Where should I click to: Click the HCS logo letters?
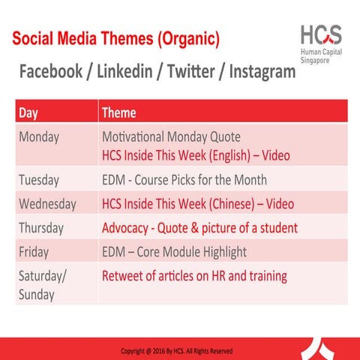point(320,35)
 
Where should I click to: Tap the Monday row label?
point(39,137)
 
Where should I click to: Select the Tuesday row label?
point(40,180)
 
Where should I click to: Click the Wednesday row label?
point(47,204)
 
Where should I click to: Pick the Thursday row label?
point(41,227)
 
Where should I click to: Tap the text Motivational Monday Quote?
point(171,137)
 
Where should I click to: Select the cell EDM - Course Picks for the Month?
point(184,180)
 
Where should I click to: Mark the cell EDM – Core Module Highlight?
point(174,251)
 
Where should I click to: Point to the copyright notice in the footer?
point(177,350)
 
